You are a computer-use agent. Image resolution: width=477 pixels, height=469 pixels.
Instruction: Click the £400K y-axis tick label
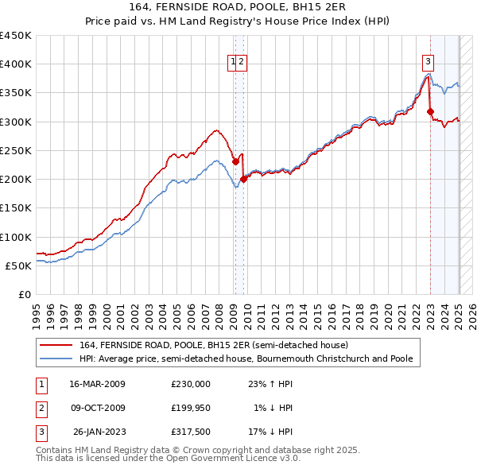pos(16,64)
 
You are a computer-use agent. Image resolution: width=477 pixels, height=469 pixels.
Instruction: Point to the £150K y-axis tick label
pos(16,208)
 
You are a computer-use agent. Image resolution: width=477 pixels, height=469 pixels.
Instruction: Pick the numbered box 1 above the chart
pos(234,62)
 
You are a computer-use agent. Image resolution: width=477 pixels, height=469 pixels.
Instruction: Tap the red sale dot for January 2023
pos(430,112)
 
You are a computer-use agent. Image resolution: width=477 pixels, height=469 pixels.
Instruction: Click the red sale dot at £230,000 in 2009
pos(235,161)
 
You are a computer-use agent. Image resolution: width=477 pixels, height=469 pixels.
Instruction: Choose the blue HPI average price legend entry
pos(245,359)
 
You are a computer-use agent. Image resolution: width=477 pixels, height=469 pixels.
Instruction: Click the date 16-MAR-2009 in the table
pos(97,384)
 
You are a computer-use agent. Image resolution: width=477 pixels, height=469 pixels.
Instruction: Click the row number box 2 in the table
pos(41,408)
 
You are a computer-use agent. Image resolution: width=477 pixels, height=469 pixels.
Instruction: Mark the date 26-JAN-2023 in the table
pos(99,432)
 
